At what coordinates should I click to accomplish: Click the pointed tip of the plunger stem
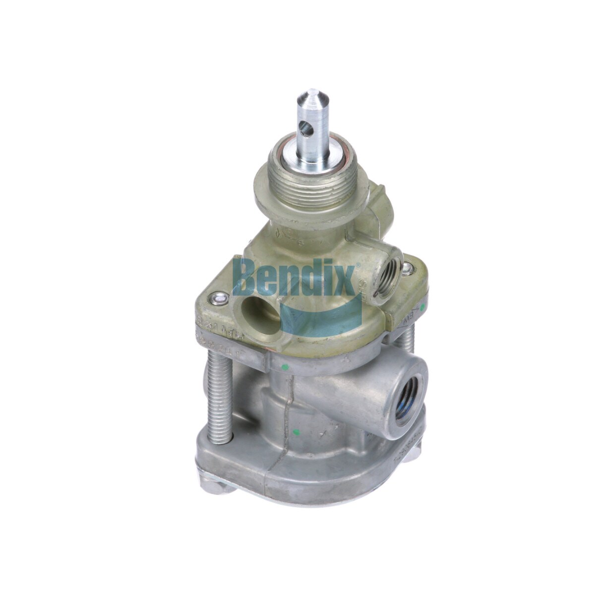[312, 94]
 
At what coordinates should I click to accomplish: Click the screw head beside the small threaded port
[408, 268]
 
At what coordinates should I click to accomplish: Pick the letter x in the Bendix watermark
[345, 280]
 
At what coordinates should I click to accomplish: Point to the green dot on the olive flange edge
[422, 307]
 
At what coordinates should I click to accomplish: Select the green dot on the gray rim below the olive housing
[285, 368]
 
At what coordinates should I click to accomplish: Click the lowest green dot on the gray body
[296, 431]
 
